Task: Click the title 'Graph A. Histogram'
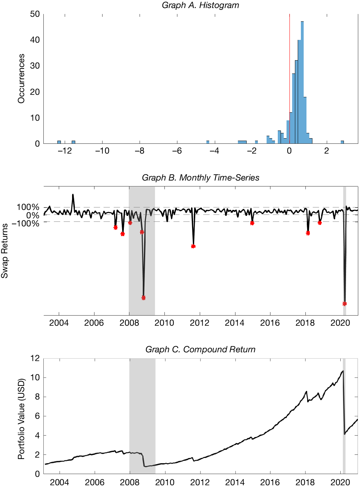coord(200,5)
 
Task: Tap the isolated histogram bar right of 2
coord(342,142)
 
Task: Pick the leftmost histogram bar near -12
coord(59,142)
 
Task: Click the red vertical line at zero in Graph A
coord(289,70)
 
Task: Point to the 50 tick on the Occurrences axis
coord(35,14)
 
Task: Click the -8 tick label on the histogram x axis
coord(140,151)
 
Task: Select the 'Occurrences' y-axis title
coord(21,78)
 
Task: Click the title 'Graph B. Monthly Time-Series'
coord(200,178)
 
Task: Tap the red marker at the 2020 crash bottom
coord(345,304)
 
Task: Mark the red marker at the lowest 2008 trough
coord(143,298)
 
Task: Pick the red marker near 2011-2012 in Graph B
coord(193,246)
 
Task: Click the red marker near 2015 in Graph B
coord(252,223)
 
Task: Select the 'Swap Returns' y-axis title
coord(5,251)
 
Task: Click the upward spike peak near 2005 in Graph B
coord(73,195)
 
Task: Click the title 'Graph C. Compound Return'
coord(200,350)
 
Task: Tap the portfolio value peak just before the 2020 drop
coord(343,371)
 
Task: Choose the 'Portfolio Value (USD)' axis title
coord(21,418)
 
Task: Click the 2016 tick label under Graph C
coord(270,482)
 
